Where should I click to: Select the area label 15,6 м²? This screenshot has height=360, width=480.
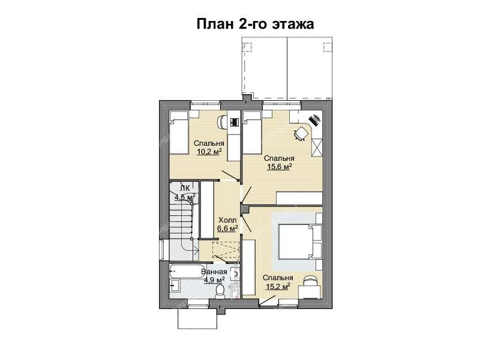pos(279,166)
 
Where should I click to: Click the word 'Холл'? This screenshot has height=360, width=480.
pos(227,220)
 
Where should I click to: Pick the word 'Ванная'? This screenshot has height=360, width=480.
pos(213,272)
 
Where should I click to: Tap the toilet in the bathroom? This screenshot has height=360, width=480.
pos(220,291)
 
